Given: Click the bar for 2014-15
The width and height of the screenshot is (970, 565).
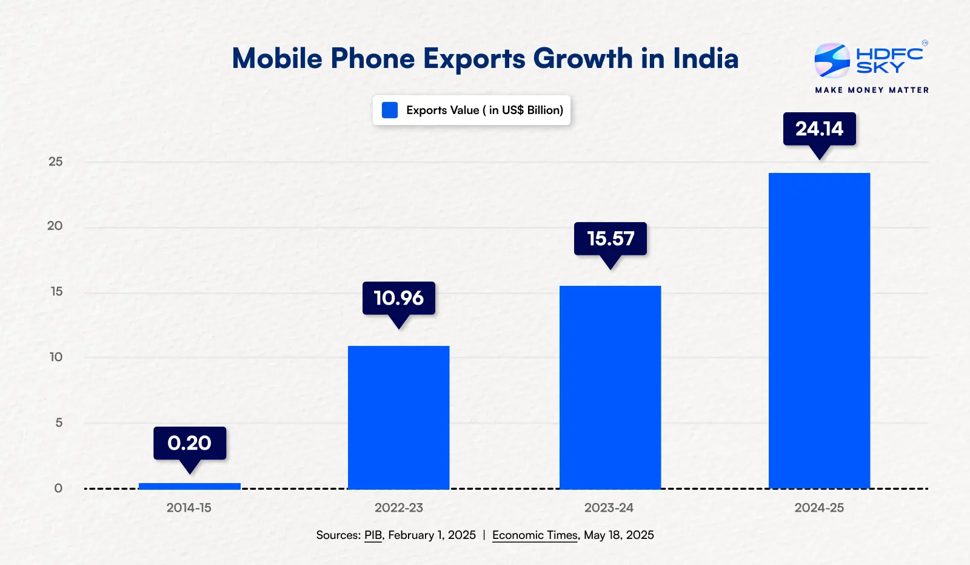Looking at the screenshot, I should [x=189, y=485].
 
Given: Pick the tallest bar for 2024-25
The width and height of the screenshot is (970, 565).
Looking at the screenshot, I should [x=819, y=331].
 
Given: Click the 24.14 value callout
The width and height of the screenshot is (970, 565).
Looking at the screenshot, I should [x=819, y=129].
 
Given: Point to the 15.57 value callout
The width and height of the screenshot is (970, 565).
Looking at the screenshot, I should [x=610, y=239].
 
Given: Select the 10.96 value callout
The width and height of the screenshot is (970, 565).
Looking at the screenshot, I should [x=398, y=298].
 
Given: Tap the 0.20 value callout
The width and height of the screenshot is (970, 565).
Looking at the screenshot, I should [x=189, y=443].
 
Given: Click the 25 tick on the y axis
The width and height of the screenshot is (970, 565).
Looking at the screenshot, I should [x=55, y=161].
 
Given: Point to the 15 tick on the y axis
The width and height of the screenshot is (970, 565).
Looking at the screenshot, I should [x=56, y=291].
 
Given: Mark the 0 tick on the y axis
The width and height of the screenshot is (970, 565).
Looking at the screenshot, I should [x=58, y=488].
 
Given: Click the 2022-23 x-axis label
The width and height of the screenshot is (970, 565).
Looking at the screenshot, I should [x=398, y=508].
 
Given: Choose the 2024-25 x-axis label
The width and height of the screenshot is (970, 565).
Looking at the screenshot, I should [x=819, y=508].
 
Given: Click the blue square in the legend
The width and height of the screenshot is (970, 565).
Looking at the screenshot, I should [x=390, y=110].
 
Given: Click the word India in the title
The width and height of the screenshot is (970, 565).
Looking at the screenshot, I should [x=706, y=59].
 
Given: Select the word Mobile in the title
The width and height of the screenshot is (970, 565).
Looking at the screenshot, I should [x=277, y=59].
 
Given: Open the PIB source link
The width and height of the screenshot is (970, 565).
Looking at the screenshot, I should [x=373, y=535].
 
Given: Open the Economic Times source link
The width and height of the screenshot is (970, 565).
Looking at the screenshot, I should [x=535, y=535].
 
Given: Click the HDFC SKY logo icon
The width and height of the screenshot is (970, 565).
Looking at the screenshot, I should [x=832, y=61].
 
